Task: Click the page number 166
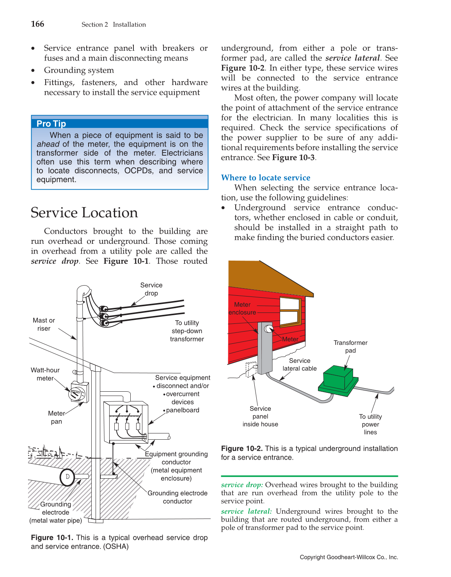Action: pos(37,24)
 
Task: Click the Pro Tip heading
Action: pos(51,124)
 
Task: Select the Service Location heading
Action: pos(84,213)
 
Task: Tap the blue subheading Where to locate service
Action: pos(265,178)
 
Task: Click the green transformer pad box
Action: pos(338,378)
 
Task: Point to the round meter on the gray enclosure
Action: pos(268,329)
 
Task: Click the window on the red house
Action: pos(290,311)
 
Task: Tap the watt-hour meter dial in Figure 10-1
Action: pos(76,393)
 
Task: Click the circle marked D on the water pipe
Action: pos(67,477)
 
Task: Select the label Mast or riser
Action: pos(44,325)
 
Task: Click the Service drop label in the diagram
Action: pos(151,289)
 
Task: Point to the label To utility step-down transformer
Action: pos(187,331)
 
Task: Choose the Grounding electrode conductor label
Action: pos(178,497)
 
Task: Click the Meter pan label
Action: pos(56,417)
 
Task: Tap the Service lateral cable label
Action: pos(300,364)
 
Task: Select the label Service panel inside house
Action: pos(260,416)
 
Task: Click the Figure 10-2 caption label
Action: pos(241,449)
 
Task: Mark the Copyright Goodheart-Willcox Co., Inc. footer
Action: pos(349,557)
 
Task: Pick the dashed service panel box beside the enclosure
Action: pos(251,369)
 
